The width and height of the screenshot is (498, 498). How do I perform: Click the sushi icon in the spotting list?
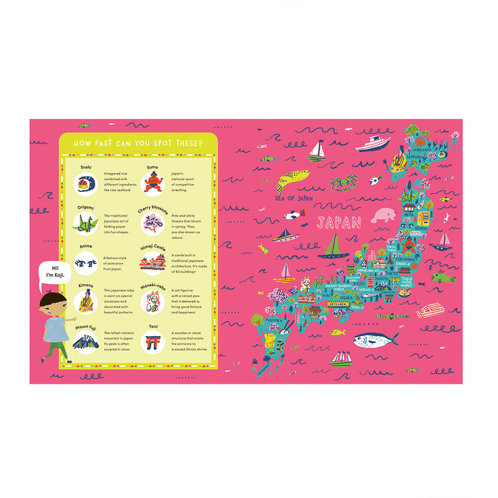85,183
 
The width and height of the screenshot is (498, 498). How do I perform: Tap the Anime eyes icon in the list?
86,264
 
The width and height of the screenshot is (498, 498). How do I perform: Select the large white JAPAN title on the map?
339,222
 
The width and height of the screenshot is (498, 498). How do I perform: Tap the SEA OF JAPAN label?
294,198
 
